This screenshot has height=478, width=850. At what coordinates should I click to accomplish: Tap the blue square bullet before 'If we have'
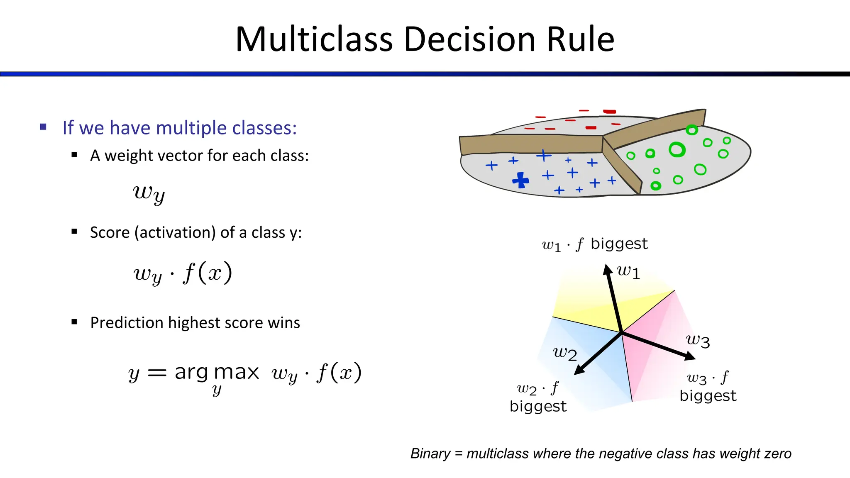point(43,127)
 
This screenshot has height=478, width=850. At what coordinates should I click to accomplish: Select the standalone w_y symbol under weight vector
point(149,193)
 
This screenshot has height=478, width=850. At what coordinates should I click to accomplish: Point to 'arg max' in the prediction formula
point(217,372)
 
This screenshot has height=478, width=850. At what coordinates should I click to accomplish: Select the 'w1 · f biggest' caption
point(594,244)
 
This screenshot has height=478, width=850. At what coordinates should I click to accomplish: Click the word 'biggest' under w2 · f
point(538,406)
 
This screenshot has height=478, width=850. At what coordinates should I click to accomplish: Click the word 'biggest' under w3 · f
point(708,396)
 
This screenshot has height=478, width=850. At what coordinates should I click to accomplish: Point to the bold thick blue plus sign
point(521,180)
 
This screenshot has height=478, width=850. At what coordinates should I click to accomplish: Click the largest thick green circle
point(677,149)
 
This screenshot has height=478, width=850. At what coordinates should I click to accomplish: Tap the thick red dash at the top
point(609,111)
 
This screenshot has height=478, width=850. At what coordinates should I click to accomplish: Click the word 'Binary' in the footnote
point(430,454)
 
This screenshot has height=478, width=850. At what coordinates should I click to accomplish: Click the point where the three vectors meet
point(621,332)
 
